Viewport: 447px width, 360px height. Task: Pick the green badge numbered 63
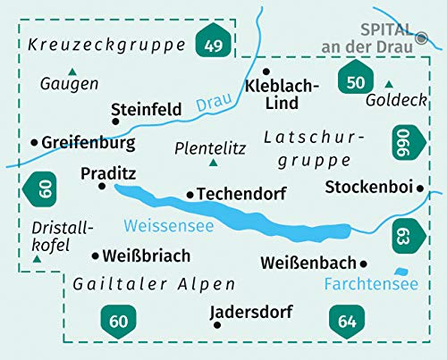click(406, 234)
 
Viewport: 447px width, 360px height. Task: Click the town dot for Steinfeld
click(114, 123)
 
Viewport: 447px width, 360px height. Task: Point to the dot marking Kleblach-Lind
click(266, 71)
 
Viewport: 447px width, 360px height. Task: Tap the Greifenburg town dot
click(34, 142)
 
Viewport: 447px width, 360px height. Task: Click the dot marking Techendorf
click(189, 193)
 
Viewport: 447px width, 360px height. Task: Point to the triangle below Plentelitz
click(212, 163)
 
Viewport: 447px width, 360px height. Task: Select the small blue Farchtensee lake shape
click(401, 272)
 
